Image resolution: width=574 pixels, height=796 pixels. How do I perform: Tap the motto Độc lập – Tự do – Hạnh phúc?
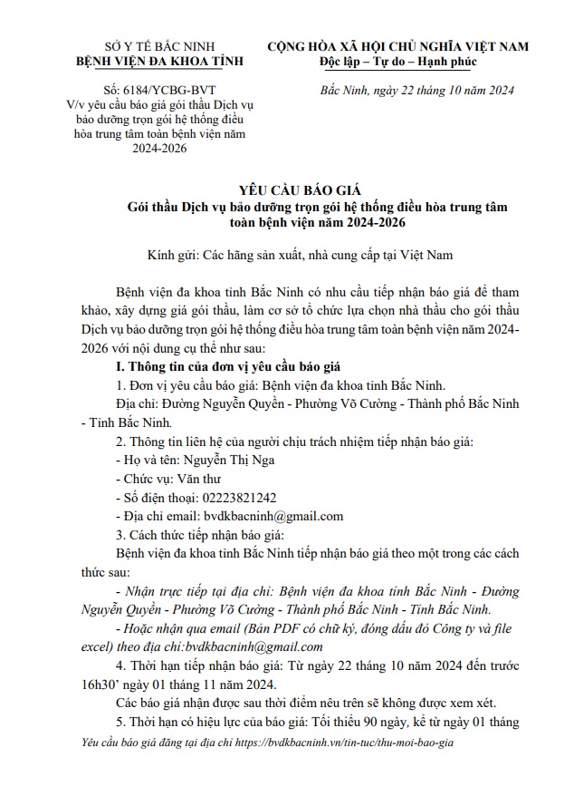click(397, 61)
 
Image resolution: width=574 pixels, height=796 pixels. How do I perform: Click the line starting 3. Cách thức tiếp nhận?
click(194, 533)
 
